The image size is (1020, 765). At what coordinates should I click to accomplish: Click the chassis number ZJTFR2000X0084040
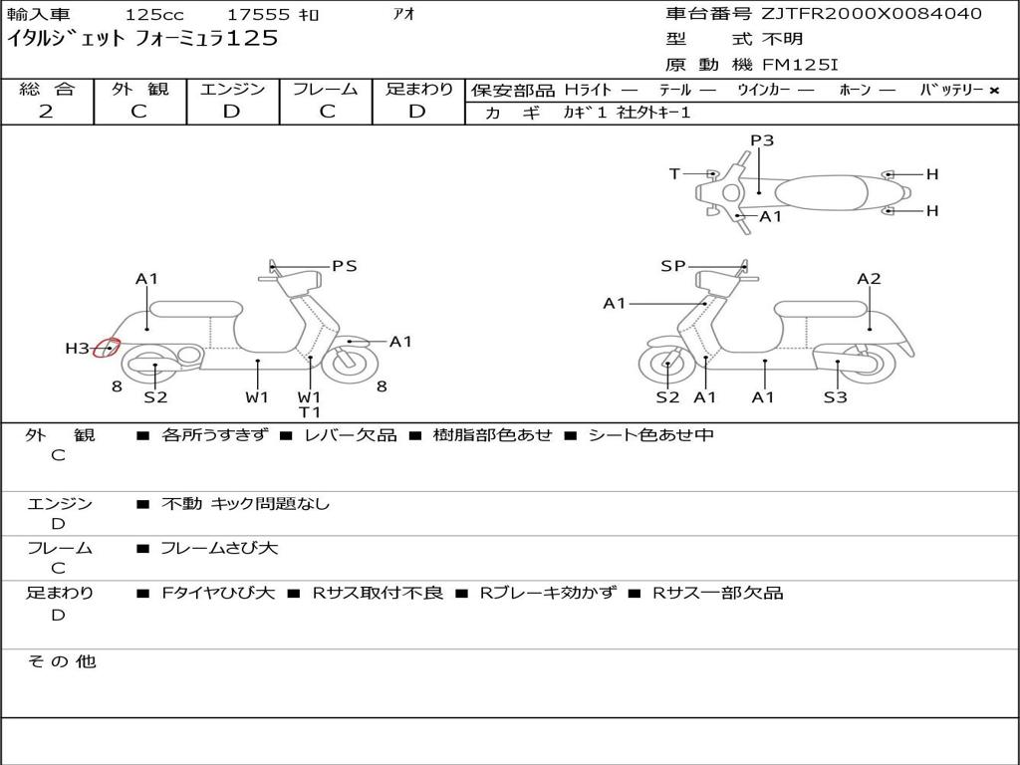coord(872,14)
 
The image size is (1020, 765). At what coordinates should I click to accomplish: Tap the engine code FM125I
coord(800,65)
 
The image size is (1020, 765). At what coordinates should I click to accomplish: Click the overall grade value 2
coord(46,112)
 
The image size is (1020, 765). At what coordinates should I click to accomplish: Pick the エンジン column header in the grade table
coord(232,90)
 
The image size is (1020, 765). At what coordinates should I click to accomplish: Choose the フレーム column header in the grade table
coord(326,90)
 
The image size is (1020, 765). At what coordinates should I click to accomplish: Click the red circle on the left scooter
coord(107,349)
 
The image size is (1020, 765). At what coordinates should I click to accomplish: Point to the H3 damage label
coord(78,349)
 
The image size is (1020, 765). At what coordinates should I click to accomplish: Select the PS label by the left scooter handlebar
coord(345,266)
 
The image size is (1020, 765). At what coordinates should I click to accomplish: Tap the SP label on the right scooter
coord(673,266)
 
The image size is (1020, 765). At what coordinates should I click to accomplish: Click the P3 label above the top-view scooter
coord(762,140)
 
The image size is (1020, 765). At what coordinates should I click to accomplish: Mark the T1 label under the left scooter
coord(310,411)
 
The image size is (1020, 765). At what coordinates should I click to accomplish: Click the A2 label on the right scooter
coord(869,279)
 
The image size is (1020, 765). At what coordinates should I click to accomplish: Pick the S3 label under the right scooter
coord(835,397)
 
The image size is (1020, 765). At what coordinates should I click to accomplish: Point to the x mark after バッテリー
coord(994,90)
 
